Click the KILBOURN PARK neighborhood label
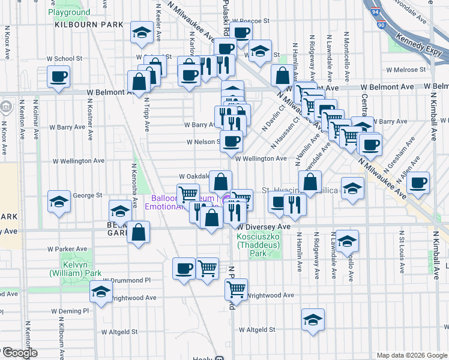click(x=89, y=25)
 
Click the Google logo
click(x=20, y=353)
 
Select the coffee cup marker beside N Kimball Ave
click(x=418, y=182)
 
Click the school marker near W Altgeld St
click(x=313, y=320)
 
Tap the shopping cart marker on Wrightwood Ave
click(x=236, y=289)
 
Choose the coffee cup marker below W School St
click(x=58, y=76)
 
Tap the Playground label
click(x=69, y=12)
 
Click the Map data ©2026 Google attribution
click(x=411, y=355)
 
